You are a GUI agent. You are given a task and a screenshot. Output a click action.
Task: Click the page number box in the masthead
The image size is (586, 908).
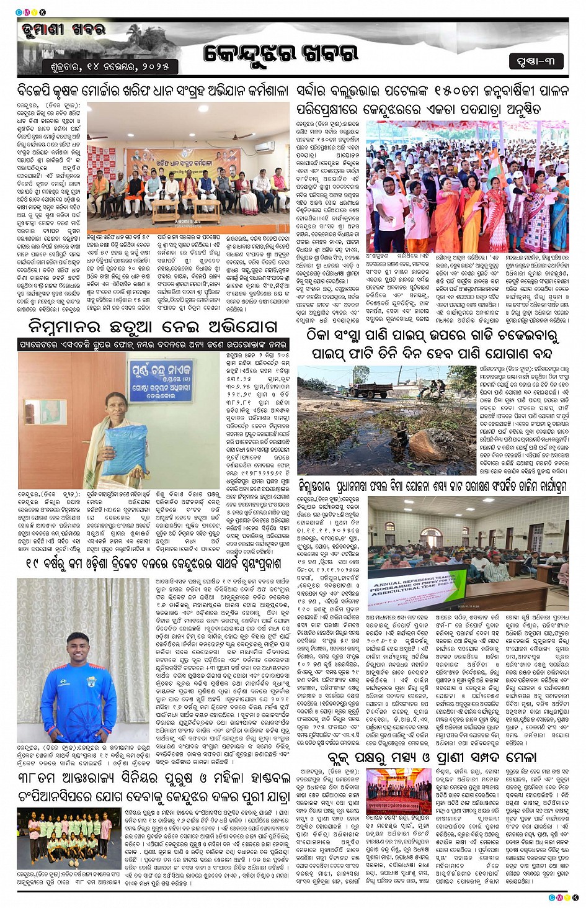click(x=536, y=61)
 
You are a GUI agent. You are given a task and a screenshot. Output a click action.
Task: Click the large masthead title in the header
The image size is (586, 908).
click(x=282, y=54)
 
